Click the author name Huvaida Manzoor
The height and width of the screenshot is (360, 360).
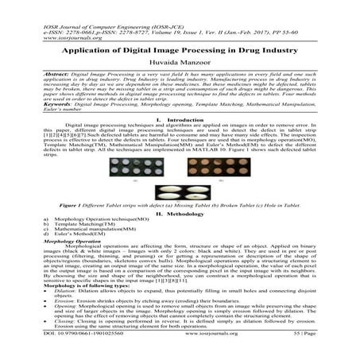[180, 62]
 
